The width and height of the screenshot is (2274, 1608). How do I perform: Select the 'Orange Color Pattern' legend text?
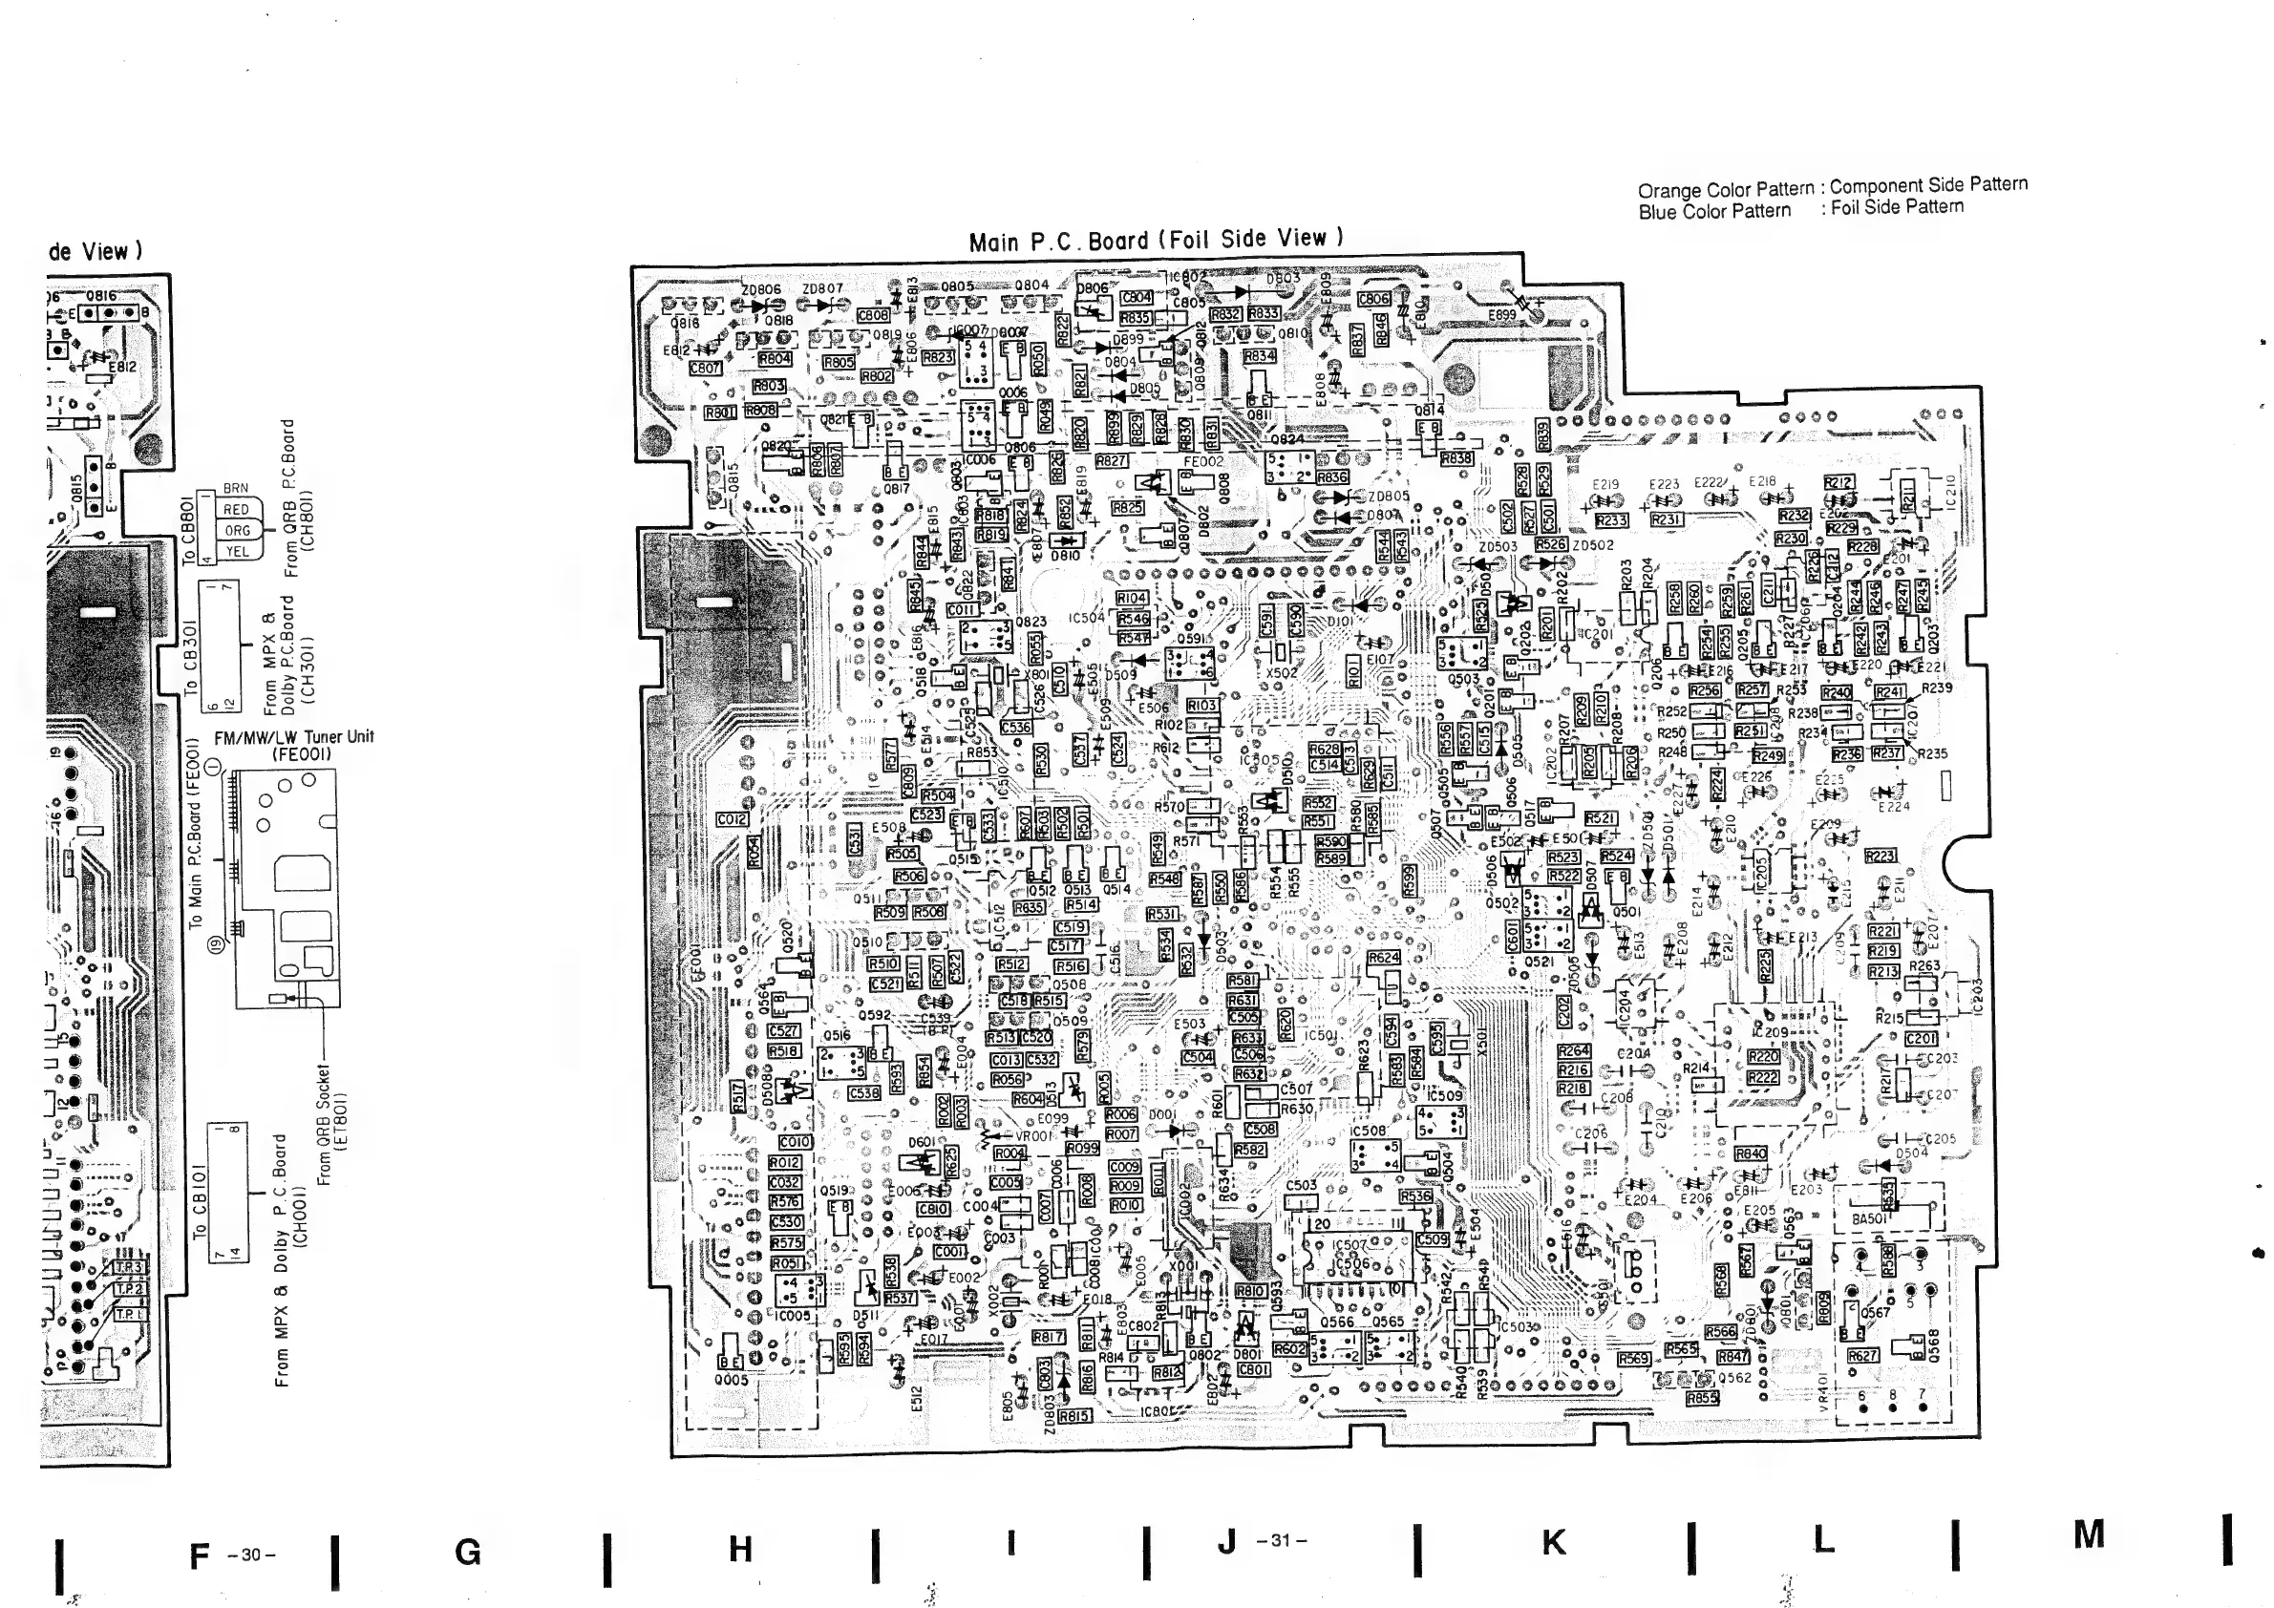pos(1725,189)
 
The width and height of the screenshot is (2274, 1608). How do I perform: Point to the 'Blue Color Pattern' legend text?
pos(1713,211)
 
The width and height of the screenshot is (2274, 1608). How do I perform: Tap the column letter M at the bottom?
pos(2089,1534)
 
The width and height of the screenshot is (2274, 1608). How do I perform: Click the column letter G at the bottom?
pos(467,1552)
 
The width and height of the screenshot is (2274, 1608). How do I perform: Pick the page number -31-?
pos(1282,1540)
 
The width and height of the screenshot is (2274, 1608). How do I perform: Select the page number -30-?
pos(250,1555)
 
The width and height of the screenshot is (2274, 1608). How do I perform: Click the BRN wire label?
pos(236,488)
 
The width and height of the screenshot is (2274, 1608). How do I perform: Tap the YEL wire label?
pos(237,552)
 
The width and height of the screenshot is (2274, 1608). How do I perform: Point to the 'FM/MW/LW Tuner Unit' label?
pos(293,738)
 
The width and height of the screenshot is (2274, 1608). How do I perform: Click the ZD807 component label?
pos(822,289)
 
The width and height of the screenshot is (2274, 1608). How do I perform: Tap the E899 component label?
pos(1502,315)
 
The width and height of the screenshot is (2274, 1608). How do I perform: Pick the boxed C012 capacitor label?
pos(733,820)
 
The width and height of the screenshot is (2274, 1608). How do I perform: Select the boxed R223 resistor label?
pos(1880,856)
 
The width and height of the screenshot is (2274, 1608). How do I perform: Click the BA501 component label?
pos(1869,1218)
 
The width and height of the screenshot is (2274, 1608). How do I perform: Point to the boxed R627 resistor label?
pos(1862,1356)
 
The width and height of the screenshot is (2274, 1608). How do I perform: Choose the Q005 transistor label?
pos(731,1379)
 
